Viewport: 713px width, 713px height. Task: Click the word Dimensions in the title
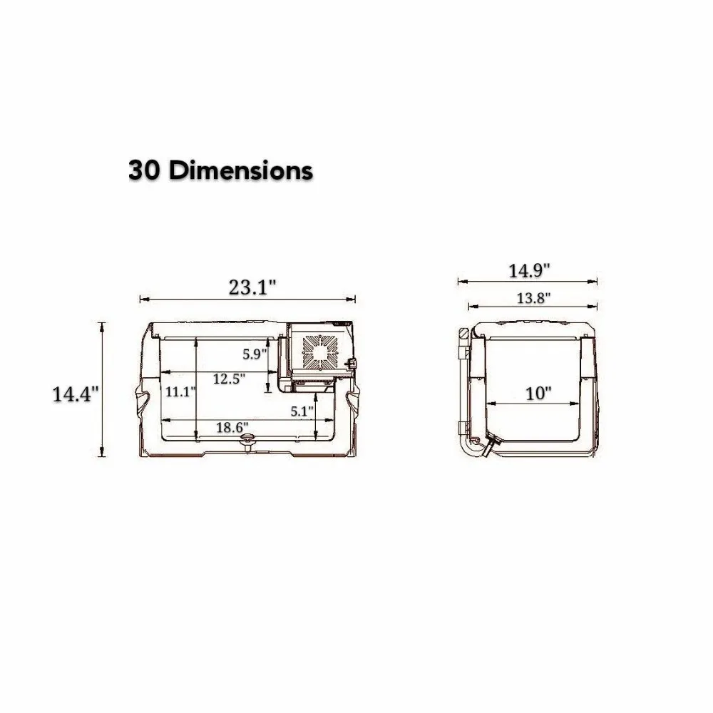pos(240,171)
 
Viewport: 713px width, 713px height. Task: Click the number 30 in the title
pos(145,171)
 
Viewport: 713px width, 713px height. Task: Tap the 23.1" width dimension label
pos(252,287)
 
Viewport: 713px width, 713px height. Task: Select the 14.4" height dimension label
pos(76,394)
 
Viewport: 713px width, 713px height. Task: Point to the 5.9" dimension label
pos(255,354)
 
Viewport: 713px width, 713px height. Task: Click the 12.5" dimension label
pos(230,378)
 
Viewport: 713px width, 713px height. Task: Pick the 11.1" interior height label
pos(180,391)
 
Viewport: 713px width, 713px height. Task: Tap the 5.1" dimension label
pos(302,411)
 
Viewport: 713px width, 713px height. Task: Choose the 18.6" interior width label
pos(232,427)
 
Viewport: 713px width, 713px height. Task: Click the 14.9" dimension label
pos(529,271)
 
